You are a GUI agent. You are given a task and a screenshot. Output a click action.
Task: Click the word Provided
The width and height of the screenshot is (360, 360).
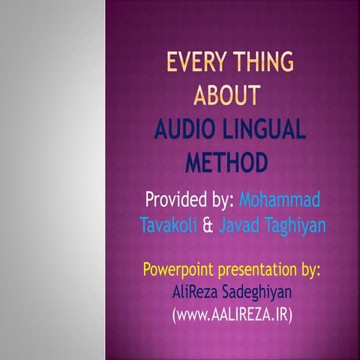[175, 201]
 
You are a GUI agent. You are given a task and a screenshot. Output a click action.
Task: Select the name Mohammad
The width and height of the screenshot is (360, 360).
[280, 201]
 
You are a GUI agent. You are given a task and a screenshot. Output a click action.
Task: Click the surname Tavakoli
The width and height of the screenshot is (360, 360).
[165, 224]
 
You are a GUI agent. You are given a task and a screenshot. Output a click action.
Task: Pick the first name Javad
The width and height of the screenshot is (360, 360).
[235, 224]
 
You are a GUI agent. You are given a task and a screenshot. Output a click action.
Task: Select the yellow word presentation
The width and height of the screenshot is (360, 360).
[254, 269]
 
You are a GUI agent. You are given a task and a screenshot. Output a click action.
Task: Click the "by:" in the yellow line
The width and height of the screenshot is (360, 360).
[309, 269]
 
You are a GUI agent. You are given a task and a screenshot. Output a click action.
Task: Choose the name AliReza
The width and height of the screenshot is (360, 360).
[194, 291]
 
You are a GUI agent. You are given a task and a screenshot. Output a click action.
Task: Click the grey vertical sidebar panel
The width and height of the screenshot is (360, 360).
[52, 180]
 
